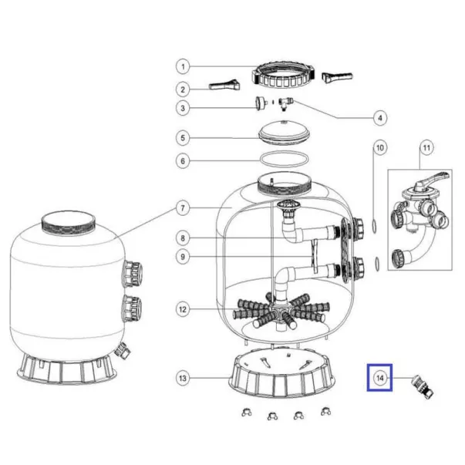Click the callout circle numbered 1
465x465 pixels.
point(183,67)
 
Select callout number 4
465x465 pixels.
point(380,118)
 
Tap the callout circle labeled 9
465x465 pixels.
point(183,257)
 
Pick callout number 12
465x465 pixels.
point(183,309)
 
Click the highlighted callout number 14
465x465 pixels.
point(380,378)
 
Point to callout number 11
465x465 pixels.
point(426,148)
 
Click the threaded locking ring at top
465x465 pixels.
point(283,76)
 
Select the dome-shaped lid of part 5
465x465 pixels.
point(284,133)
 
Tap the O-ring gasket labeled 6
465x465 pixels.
point(284,159)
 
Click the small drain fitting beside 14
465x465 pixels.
point(423,386)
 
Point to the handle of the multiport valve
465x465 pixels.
point(432,179)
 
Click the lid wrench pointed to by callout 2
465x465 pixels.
point(224,85)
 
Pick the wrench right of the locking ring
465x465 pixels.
point(337,77)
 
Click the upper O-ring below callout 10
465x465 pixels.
point(375,225)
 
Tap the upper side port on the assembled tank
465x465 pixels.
point(133,274)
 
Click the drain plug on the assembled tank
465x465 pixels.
point(123,350)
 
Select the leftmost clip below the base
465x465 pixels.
point(247,413)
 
